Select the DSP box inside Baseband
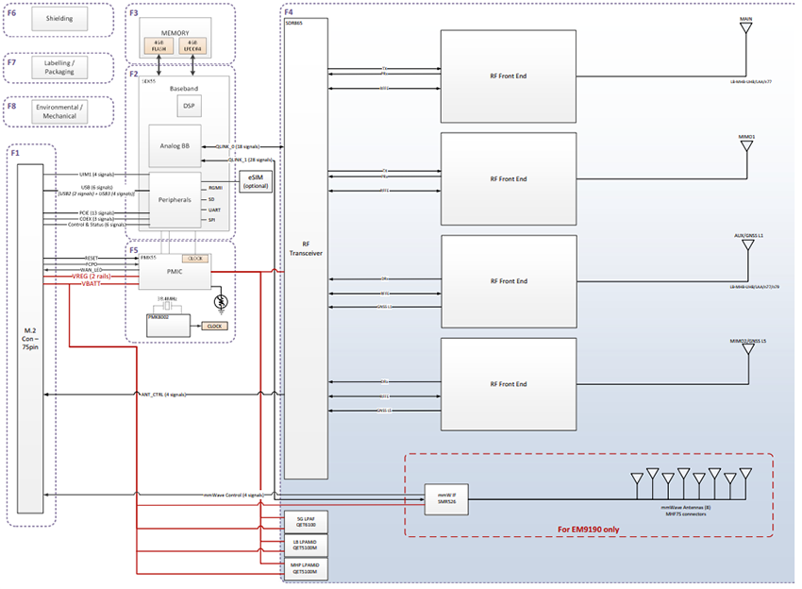pyautogui.click(x=188, y=107)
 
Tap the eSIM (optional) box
pyautogui.click(x=251, y=181)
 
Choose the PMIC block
pyautogui.click(x=175, y=270)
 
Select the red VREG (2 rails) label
pyautogui.click(x=92, y=275)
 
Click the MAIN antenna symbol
pyautogui.click(x=745, y=27)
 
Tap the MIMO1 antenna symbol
pyautogui.click(x=745, y=146)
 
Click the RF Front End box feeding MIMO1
pyautogui.click(x=509, y=177)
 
